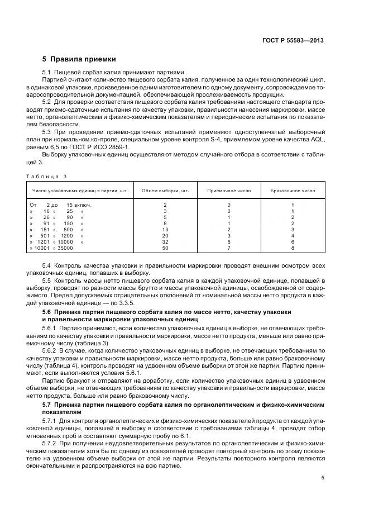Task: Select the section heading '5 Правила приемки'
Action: coord(79,59)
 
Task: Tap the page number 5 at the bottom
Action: coord(323,477)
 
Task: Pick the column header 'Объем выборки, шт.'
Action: coord(165,191)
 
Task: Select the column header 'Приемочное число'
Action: coord(229,191)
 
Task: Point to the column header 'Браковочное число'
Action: coord(293,191)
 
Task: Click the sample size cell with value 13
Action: coord(165,230)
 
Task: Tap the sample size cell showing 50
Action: coord(165,248)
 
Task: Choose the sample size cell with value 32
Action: coord(165,241)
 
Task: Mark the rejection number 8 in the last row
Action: coord(293,248)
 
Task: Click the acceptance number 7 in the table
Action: coord(229,248)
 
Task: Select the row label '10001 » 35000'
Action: coord(54,248)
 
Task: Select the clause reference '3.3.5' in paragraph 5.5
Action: coord(151,301)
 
